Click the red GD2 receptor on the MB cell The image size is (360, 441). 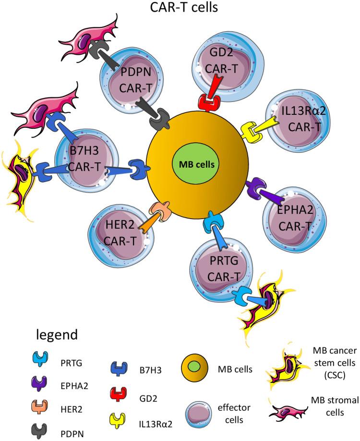[207, 101]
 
